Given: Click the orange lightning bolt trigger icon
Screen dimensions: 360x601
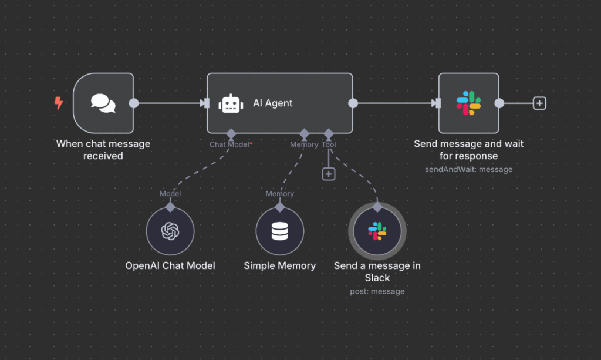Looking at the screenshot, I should coord(58,103).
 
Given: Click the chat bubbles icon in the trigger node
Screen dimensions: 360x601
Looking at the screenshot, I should coord(103,103).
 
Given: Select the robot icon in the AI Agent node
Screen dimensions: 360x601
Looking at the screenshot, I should coord(231,104).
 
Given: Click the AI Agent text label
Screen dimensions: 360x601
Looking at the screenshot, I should coord(272,103).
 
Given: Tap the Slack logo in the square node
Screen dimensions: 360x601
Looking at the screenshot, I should coord(468,103).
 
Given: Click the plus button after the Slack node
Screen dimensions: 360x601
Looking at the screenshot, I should coord(539,103).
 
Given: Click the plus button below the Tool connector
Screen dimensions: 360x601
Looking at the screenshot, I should coord(329,173).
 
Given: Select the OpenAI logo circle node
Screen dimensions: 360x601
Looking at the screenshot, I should coord(170,231).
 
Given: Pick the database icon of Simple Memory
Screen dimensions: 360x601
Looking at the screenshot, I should coord(280,231).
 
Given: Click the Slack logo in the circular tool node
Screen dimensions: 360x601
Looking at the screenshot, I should coord(377,231).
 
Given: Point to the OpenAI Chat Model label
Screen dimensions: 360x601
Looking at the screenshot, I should coord(170,265).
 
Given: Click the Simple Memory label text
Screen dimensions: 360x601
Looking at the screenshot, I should coord(280,265).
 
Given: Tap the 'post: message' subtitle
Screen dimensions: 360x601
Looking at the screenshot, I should coord(377,291).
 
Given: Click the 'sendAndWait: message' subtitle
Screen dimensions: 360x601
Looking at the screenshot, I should coord(468,169).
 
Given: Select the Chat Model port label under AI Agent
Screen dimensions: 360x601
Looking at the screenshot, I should coord(229,144).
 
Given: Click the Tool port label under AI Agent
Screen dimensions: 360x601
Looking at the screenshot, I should coord(329,144).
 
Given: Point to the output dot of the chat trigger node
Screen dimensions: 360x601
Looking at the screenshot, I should coord(134,103).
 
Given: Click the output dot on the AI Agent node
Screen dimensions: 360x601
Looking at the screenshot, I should coord(353,103).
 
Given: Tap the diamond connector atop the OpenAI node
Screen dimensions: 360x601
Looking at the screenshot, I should coord(170,206).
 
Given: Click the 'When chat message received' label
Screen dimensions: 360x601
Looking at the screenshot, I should coord(103,150).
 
